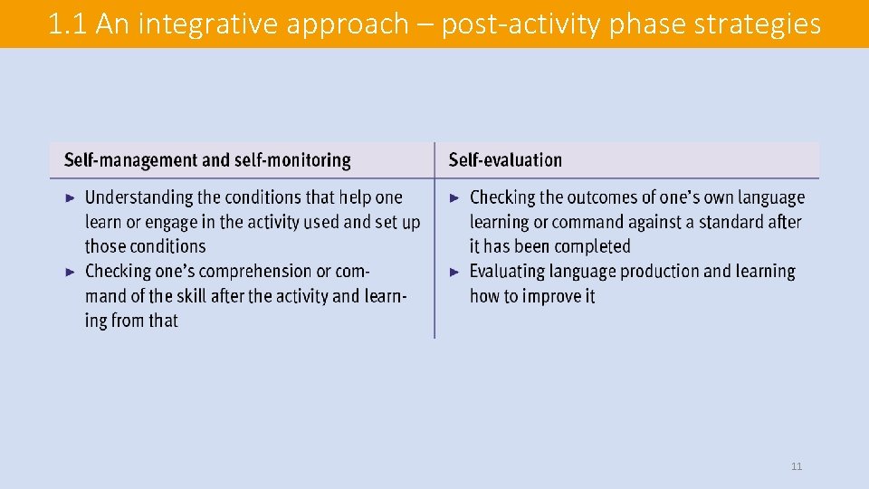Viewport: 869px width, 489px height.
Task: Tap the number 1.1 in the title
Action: (x=68, y=24)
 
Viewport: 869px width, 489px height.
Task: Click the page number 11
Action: (x=797, y=466)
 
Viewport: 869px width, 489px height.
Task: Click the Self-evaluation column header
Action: (x=505, y=160)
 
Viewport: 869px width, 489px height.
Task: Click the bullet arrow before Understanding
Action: (x=72, y=197)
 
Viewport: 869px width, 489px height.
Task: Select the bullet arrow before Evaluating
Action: (x=456, y=271)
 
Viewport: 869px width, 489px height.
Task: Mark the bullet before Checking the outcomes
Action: (x=456, y=197)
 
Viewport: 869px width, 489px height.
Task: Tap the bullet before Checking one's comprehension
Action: (x=72, y=271)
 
